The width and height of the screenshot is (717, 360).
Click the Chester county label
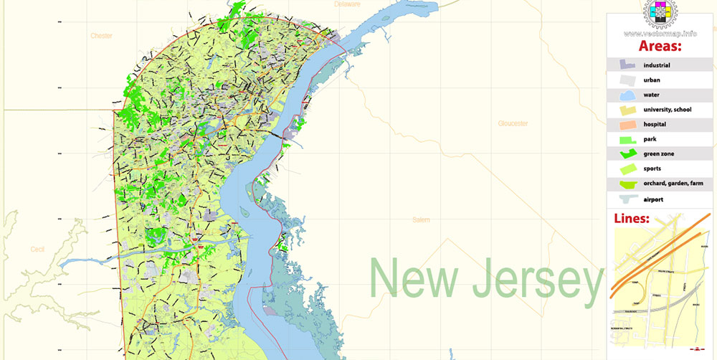pyautogui.click(x=101, y=35)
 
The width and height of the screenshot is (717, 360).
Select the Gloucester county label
pyautogui.click(x=513, y=123)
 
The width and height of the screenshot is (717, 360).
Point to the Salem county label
pyautogui.click(x=421, y=220)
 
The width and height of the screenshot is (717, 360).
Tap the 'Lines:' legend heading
pyautogui.click(x=632, y=219)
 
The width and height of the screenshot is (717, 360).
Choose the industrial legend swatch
pyautogui.click(x=622, y=65)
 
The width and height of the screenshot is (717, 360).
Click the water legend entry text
pyautogui.click(x=651, y=95)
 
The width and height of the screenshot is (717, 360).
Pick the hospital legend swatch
pyautogui.click(x=622, y=124)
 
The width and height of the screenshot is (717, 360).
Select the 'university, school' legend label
pyautogui.click(x=667, y=110)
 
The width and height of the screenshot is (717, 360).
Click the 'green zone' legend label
pyautogui.click(x=658, y=154)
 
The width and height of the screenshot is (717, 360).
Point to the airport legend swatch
pyautogui.click(x=622, y=199)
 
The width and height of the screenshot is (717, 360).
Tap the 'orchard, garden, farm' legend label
pyautogui.click(x=673, y=184)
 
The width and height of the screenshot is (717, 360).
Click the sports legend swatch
pyautogui.click(x=622, y=169)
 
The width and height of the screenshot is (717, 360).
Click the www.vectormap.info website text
pyautogui.click(x=660, y=33)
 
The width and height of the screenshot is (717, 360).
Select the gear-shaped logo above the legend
pyautogui.click(x=659, y=13)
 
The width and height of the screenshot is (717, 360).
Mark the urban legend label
pyautogui.click(x=652, y=80)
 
